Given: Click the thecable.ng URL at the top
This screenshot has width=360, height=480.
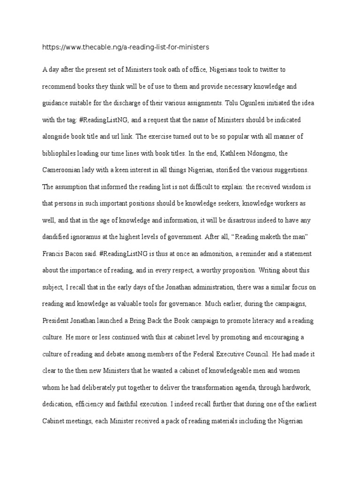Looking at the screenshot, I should click(x=126, y=47).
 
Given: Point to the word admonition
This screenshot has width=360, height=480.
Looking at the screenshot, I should click(x=194, y=254).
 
